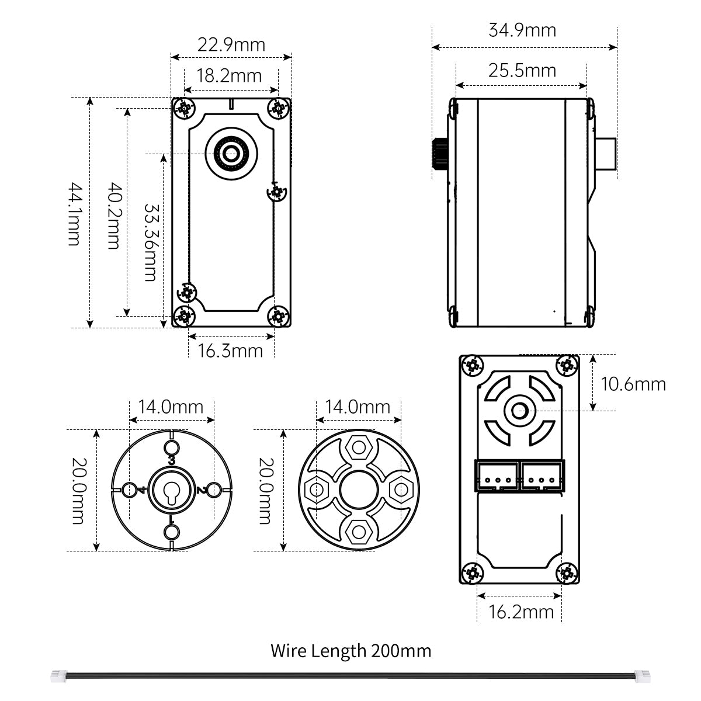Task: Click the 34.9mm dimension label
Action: (522, 30)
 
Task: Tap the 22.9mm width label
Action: (231, 45)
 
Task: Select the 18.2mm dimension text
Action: (229, 76)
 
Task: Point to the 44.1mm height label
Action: (75, 214)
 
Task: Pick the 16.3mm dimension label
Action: (230, 351)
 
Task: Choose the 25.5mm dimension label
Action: (522, 71)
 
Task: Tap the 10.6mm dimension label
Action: (633, 384)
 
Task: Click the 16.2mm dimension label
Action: (521, 612)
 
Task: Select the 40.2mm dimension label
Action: (114, 216)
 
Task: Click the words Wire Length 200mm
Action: (350, 651)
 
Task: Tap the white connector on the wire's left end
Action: (59, 676)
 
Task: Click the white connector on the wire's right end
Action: (641, 676)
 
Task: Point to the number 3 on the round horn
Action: (172, 461)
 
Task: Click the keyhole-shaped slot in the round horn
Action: (171, 492)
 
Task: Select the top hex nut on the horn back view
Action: (359, 448)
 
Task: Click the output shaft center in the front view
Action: (231, 154)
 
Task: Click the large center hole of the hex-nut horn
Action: (359, 490)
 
